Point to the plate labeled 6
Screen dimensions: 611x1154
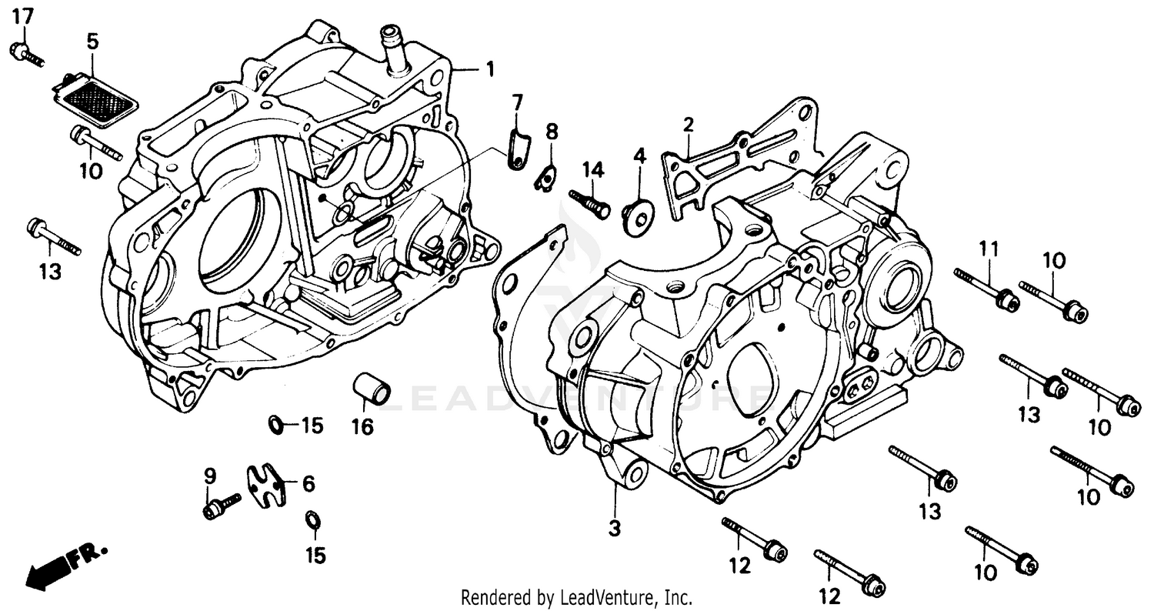pyautogui.click(x=265, y=484)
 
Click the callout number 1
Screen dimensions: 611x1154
pyautogui.click(x=489, y=70)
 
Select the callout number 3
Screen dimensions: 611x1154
pyautogui.click(x=615, y=529)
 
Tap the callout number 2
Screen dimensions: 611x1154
pyautogui.click(x=689, y=124)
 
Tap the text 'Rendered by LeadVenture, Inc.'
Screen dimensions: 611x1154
pyautogui.click(x=576, y=597)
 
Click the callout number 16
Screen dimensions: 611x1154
pyautogui.click(x=362, y=426)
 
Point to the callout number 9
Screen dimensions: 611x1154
pyautogui.click(x=206, y=475)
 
